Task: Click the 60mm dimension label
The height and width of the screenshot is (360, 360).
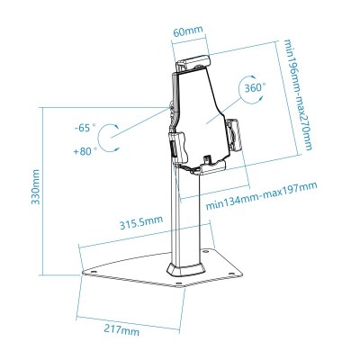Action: tap(185, 31)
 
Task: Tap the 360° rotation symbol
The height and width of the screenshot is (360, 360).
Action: tap(254, 90)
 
